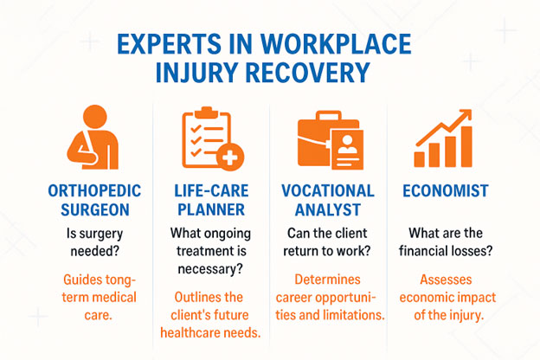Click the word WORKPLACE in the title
pos(336,44)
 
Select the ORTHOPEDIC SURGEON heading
pos(94,200)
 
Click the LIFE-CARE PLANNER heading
pos(211,200)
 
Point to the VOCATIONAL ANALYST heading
pos(328,200)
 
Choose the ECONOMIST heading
pos(446,191)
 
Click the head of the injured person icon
pos(94,117)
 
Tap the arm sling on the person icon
pos(84,150)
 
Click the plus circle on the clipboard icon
pos(230,157)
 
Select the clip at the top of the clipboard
pos(206,112)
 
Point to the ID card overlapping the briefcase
pos(348,150)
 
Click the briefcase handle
pos(329,115)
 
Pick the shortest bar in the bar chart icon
pos(419,159)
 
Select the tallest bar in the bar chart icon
pos(466,147)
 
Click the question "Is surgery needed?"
pos(94,242)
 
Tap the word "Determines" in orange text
pos(327,280)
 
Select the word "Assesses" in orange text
pos(446,280)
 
